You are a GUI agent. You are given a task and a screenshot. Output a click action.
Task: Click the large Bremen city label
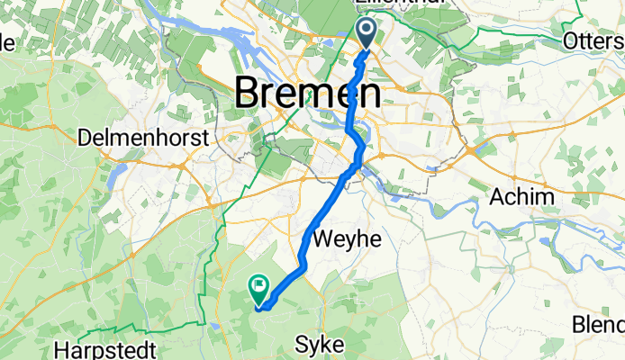click(308, 93)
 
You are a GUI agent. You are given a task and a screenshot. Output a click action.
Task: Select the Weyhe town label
click(347, 238)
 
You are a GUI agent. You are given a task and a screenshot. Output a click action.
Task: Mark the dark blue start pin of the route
click(368, 33)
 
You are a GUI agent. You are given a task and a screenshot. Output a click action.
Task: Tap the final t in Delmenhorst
click(204, 139)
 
